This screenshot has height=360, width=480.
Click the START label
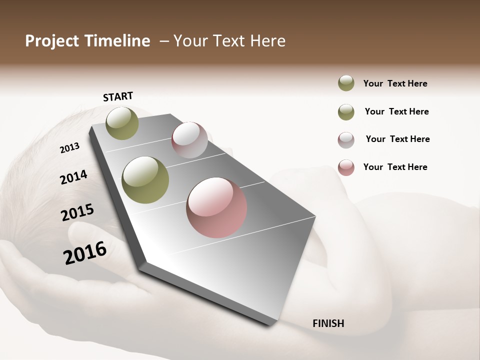click(x=118, y=96)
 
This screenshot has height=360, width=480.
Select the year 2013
click(x=70, y=148)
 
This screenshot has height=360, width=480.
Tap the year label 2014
click(x=73, y=177)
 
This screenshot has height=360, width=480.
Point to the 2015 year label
click(x=77, y=212)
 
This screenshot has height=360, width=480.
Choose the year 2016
click(x=85, y=252)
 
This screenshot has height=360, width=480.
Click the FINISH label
click(x=328, y=323)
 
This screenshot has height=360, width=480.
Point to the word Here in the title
click(x=267, y=41)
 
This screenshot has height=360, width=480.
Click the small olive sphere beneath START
click(x=122, y=123)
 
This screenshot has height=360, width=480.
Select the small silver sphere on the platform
click(x=189, y=140)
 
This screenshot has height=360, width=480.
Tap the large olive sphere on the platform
click(x=145, y=180)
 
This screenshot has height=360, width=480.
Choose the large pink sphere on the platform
click(x=216, y=207)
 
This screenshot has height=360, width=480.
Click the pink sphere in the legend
click(x=346, y=167)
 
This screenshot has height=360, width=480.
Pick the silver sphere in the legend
click(x=346, y=140)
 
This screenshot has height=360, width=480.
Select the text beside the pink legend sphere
click(x=395, y=167)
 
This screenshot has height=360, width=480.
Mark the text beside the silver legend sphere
click(x=397, y=139)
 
